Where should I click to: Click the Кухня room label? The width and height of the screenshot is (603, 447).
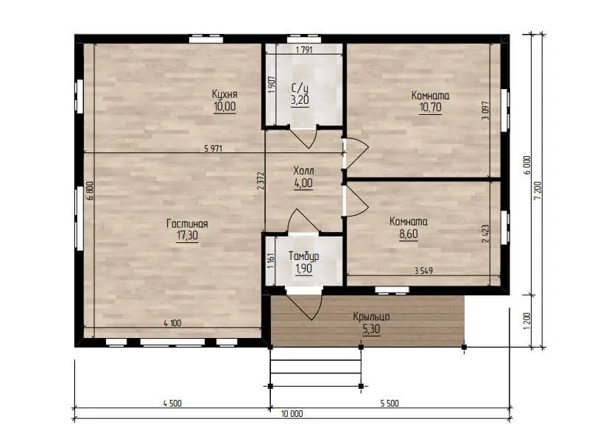[225, 94]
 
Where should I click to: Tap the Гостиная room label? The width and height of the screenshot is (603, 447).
[187, 224]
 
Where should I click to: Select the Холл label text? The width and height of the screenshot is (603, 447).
[303, 171]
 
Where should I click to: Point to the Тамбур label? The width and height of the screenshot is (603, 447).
[303, 256]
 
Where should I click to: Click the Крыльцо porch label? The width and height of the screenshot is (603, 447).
[371, 317]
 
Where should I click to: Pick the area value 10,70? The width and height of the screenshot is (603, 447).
[430, 108]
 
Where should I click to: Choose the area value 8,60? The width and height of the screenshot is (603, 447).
[409, 234]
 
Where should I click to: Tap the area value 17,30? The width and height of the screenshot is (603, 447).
[187, 236]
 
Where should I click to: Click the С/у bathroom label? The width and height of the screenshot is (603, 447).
[300, 88]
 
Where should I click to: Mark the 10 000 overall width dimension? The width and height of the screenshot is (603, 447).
[292, 414]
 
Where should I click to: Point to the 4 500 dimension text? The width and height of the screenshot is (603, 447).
[172, 403]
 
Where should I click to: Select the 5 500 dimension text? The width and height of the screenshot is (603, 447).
[389, 403]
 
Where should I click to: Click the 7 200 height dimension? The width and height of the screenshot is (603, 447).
[538, 191]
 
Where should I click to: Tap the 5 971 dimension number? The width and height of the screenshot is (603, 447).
[213, 149]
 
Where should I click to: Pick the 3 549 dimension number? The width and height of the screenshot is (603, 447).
[423, 271]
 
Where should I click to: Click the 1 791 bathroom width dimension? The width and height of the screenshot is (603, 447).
[304, 49]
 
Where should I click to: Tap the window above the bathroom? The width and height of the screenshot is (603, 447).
[304, 38]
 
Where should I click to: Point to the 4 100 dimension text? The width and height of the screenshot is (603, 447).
[172, 323]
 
